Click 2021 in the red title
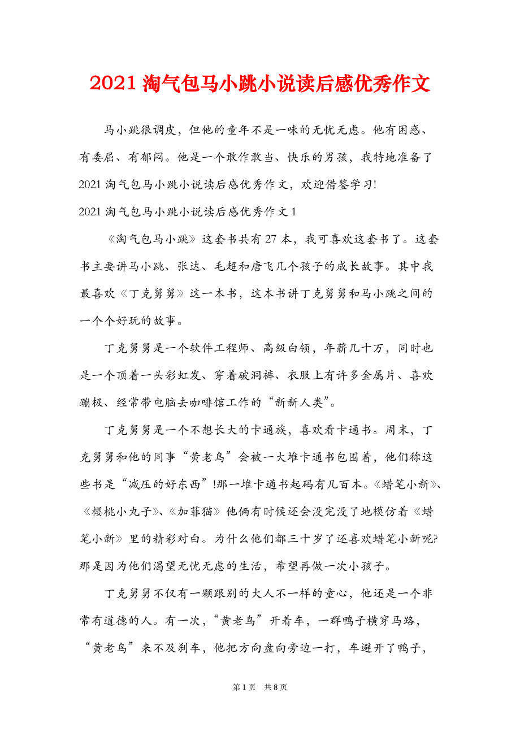pos(111,84)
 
